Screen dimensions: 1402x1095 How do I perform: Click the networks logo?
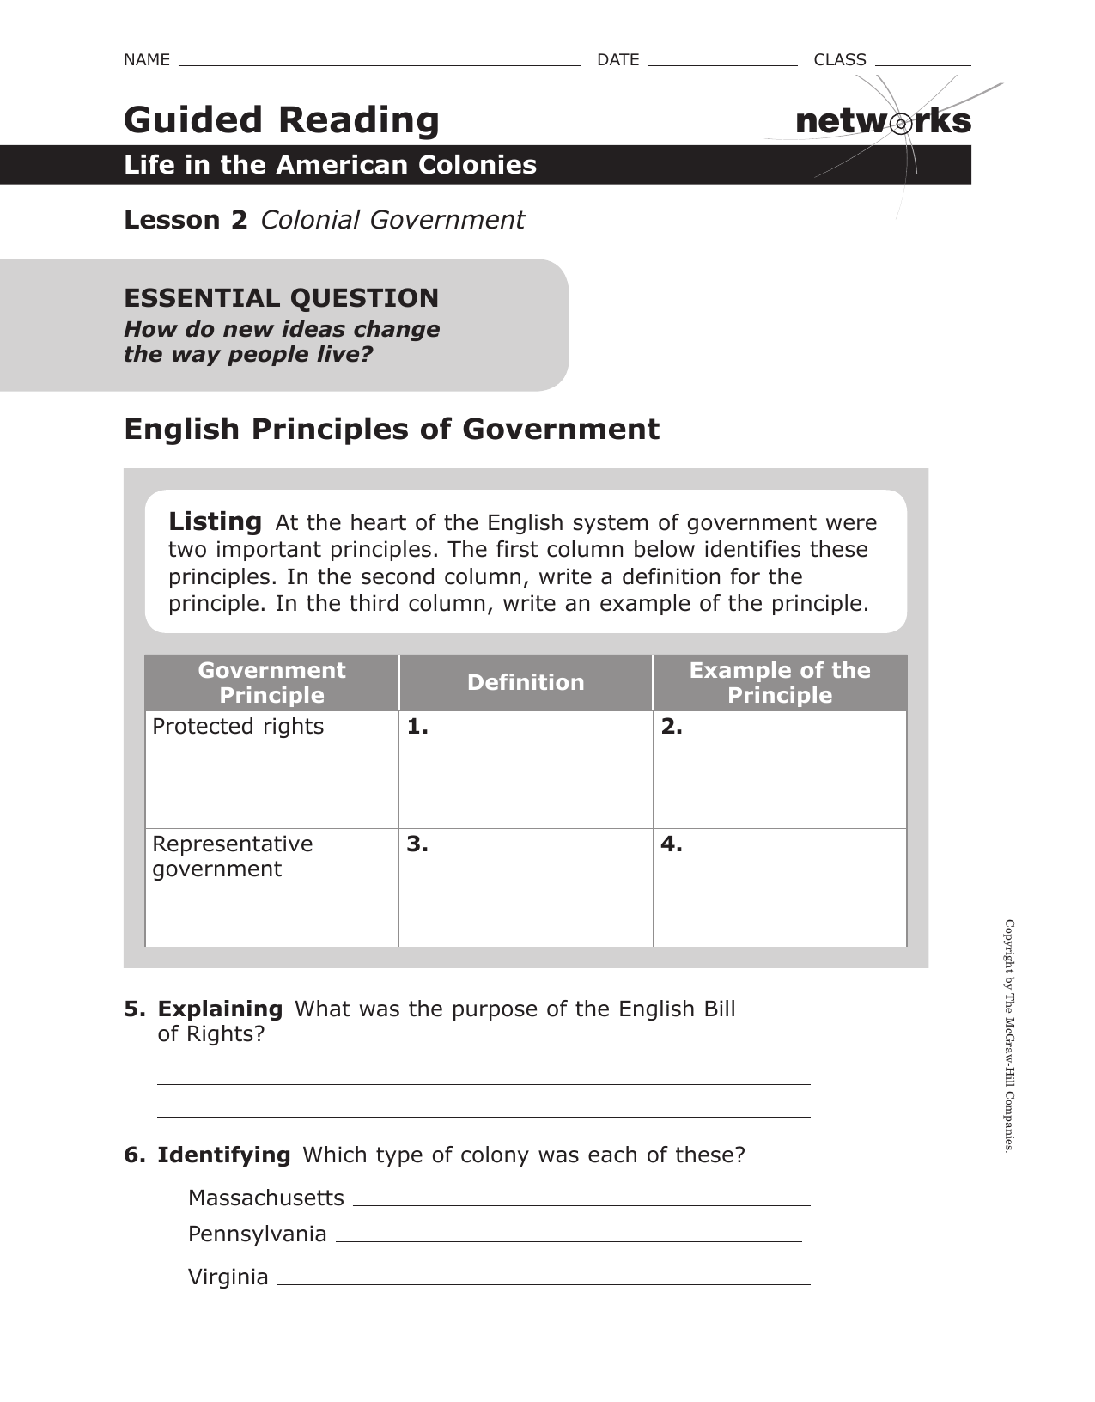[x=883, y=122]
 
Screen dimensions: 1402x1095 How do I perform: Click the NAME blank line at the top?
[x=379, y=63]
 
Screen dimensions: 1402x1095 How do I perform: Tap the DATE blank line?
[x=722, y=63]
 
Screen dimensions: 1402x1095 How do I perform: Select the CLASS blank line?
[x=922, y=63]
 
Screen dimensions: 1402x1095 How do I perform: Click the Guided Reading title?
[x=282, y=119]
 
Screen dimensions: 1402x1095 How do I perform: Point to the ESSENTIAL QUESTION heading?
[x=281, y=298]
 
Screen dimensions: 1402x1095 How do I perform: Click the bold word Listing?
[x=215, y=521]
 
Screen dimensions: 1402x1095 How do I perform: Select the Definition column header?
[x=526, y=682]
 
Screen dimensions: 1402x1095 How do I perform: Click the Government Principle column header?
[x=271, y=682]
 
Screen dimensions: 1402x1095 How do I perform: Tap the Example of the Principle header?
[x=779, y=682]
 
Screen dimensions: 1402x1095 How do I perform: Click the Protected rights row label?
[x=238, y=727]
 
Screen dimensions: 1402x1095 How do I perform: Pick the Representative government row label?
[x=232, y=856]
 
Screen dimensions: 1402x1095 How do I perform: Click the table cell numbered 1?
[x=526, y=770]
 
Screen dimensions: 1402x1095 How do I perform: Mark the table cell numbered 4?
[x=779, y=887]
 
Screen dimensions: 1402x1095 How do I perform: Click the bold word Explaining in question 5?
[x=220, y=1009]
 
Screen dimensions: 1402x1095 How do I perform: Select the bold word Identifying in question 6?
[x=223, y=1155]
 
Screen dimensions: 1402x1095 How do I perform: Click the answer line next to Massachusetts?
[x=581, y=1204]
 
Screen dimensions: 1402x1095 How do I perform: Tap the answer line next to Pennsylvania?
[x=569, y=1240]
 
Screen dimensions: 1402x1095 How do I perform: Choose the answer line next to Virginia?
[x=544, y=1283]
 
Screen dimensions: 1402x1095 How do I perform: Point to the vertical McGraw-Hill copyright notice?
[x=1010, y=1035]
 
